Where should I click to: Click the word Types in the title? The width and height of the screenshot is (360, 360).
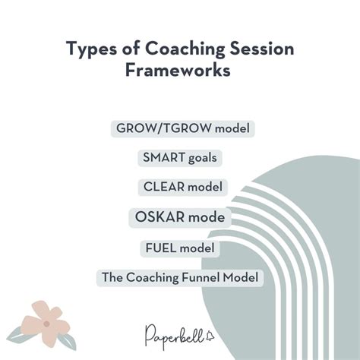pyautogui.click(x=87, y=49)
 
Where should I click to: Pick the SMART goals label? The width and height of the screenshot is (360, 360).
pyautogui.click(x=180, y=158)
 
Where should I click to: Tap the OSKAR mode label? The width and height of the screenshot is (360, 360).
pyautogui.click(x=180, y=218)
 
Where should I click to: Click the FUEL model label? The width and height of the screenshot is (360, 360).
pyautogui.click(x=180, y=248)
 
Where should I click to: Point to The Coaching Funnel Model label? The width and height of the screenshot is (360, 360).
pyautogui.click(x=180, y=278)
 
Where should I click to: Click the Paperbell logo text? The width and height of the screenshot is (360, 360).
pyautogui.click(x=172, y=334)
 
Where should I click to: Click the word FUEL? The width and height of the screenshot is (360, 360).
pyautogui.click(x=159, y=248)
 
